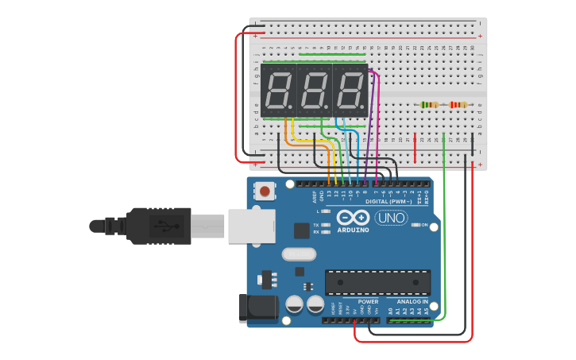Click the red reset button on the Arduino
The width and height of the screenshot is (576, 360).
point(265,191)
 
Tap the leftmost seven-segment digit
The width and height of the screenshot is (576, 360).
point(278,91)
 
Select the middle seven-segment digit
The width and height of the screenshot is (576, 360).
point(314,91)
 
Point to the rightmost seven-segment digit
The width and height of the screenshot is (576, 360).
point(350,91)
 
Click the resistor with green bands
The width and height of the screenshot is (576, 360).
point(429,105)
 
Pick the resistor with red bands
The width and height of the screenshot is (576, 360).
point(458,105)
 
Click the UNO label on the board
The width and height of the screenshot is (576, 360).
point(391,218)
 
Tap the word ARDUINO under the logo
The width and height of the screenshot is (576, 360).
point(353,230)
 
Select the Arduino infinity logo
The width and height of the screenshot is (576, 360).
point(353,218)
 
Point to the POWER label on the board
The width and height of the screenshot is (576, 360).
point(368,302)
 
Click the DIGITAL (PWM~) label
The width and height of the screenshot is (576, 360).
point(389,202)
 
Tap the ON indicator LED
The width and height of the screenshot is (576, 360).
point(415,225)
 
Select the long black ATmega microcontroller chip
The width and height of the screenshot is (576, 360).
point(377,282)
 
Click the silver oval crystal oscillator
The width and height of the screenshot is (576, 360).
point(299,254)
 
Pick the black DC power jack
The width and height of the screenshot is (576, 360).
point(258,308)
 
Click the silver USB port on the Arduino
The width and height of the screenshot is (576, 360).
point(251,226)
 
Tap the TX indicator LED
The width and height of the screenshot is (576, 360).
point(326,225)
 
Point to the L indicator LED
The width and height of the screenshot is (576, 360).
point(326,211)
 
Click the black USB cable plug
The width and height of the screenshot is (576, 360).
point(159,226)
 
